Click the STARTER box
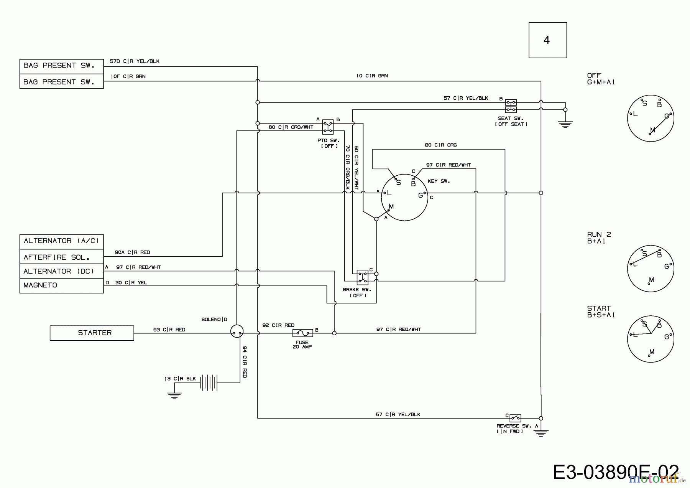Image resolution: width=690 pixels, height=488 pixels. click(92, 333)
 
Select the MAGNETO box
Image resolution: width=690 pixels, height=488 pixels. click(61, 285)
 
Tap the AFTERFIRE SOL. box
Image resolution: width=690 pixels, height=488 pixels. click(61, 257)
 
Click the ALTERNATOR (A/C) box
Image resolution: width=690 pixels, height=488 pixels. click(61, 241)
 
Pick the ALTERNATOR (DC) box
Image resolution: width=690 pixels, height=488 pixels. click(61, 271)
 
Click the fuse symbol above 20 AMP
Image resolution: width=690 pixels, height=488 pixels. click(302, 333)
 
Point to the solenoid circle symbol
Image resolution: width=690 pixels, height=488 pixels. click(237, 331)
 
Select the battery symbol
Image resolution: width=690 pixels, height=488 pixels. click(209, 382)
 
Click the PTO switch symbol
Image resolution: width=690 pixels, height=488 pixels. click(327, 127)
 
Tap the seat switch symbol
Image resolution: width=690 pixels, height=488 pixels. click(511, 106)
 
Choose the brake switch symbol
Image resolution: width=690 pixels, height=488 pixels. click(362, 277)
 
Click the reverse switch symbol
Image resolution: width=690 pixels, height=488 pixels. click(515, 418)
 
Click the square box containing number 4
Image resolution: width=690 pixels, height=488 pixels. click(547, 40)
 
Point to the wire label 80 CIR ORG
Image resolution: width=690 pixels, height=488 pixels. click(440, 145)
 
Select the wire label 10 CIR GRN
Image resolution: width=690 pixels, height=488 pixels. click(372, 76)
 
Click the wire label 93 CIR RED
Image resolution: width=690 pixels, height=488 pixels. click(169, 330)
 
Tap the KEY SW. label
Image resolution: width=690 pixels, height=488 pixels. click(439, 181)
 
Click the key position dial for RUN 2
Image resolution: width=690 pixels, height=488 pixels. click(651, 269)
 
